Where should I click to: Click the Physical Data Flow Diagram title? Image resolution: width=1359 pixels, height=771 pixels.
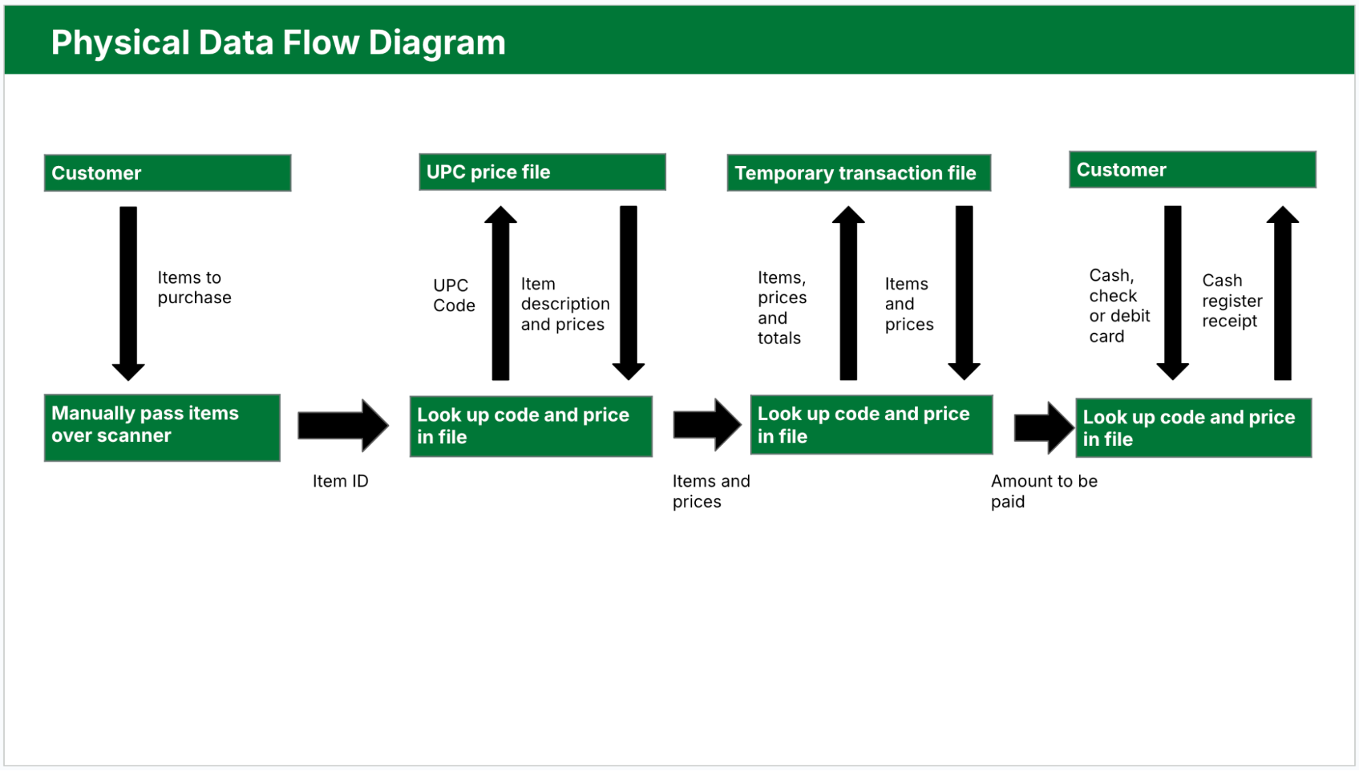pos(278,42)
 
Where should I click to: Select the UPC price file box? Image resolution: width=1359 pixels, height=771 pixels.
pos(542,172)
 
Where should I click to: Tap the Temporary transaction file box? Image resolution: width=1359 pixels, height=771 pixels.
pos(858,173)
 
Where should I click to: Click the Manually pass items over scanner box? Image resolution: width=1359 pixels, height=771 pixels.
pos(162,427)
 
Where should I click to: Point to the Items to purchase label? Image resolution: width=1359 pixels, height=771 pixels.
pos(194,288)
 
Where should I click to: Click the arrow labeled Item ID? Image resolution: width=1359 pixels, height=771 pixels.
pos(342,426)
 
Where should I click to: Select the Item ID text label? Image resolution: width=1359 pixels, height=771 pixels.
pos(340,481)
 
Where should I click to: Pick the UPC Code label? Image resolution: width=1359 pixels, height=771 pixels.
pos(453,295)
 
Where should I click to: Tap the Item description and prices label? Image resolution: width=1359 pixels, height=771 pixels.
pos(564,304)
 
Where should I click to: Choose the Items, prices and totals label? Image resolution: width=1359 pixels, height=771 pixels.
pos(782,307)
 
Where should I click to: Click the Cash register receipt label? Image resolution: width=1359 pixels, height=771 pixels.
pos(1231,301)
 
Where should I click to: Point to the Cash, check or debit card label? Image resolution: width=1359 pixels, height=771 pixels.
pos(1118,306)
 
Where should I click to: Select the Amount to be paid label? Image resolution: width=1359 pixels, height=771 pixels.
pos(1043,491)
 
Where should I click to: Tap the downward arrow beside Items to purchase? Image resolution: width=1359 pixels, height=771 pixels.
pos(128,292)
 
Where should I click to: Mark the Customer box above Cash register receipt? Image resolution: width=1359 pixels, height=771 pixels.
pos(1192,170)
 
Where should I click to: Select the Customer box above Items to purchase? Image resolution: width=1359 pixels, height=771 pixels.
pos(167,173)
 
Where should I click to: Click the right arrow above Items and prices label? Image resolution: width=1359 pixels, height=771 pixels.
pos(706,425)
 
